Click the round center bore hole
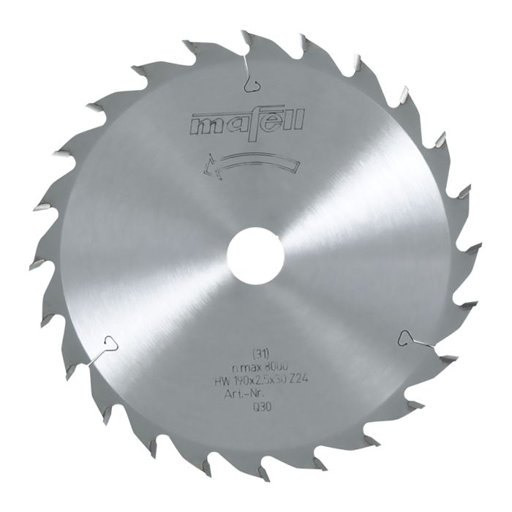(x=255, y=256)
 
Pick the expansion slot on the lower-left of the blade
(x=107, y=344)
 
